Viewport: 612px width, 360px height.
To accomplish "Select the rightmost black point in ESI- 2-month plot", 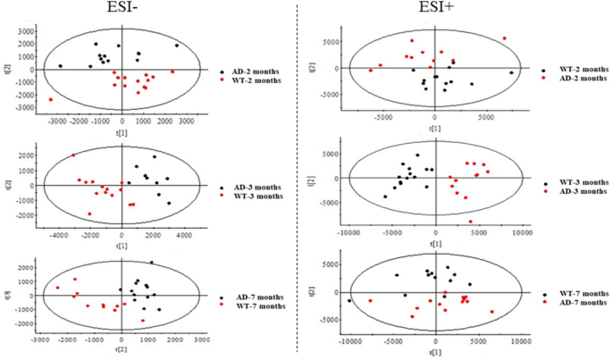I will coord(177,46).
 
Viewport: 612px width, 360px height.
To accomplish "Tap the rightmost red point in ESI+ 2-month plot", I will coord(504,38).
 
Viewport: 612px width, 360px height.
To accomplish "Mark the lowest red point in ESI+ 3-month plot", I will coord(470,222).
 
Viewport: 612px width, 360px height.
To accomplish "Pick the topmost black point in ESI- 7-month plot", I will coord(152,263).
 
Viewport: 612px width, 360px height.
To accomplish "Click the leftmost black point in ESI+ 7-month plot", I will coord(349,300).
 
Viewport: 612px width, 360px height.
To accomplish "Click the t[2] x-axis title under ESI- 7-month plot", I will coord(122,350).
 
